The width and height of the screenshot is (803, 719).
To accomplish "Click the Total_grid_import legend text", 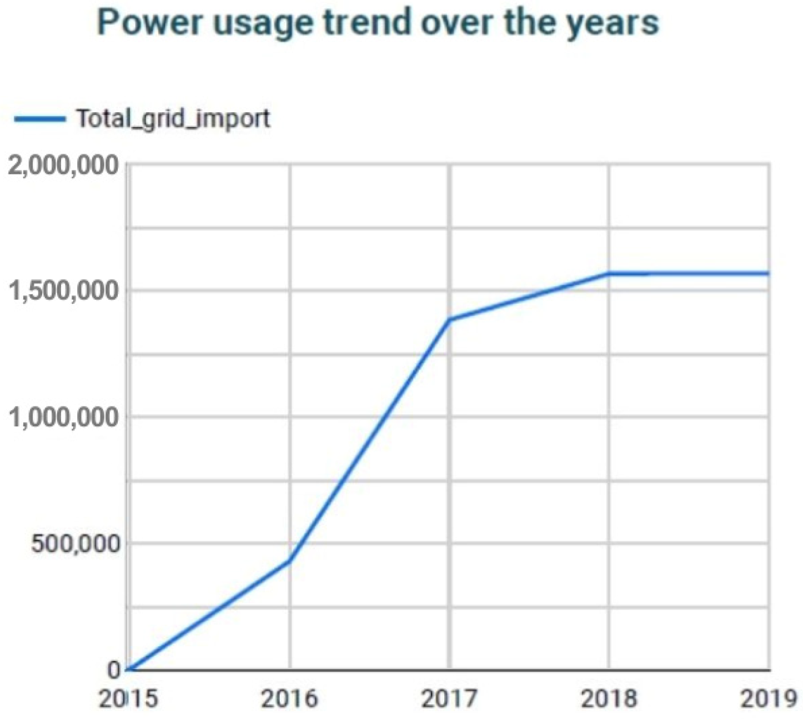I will tap(173, 118).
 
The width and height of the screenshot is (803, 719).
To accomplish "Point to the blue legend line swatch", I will tap(39, 118).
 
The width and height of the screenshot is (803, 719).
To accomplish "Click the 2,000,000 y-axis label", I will tap(64, 165).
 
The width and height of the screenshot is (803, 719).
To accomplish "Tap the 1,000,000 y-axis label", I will tap(64, 417).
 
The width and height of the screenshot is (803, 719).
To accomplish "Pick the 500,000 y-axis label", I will tap(76, 544).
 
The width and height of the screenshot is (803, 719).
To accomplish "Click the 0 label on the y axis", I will tap(114, 670).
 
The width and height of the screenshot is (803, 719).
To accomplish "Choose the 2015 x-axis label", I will tap(128, 698).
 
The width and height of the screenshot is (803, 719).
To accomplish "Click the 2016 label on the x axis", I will tap(289, 698).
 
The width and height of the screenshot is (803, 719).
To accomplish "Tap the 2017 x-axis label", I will tap(449, 698).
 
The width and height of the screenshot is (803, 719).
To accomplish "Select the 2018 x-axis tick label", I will tap(609, 698).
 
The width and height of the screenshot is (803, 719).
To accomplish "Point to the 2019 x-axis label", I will tap(769, 698).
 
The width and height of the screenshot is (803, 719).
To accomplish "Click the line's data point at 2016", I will tap(289, 561).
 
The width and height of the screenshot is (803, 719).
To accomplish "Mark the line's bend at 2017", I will tap(449, 320).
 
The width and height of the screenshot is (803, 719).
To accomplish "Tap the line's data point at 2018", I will tap(609, 274).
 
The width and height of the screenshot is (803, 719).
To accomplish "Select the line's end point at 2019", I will tap(769, 273).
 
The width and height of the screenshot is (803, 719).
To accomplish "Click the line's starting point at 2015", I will tap(129, 670).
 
